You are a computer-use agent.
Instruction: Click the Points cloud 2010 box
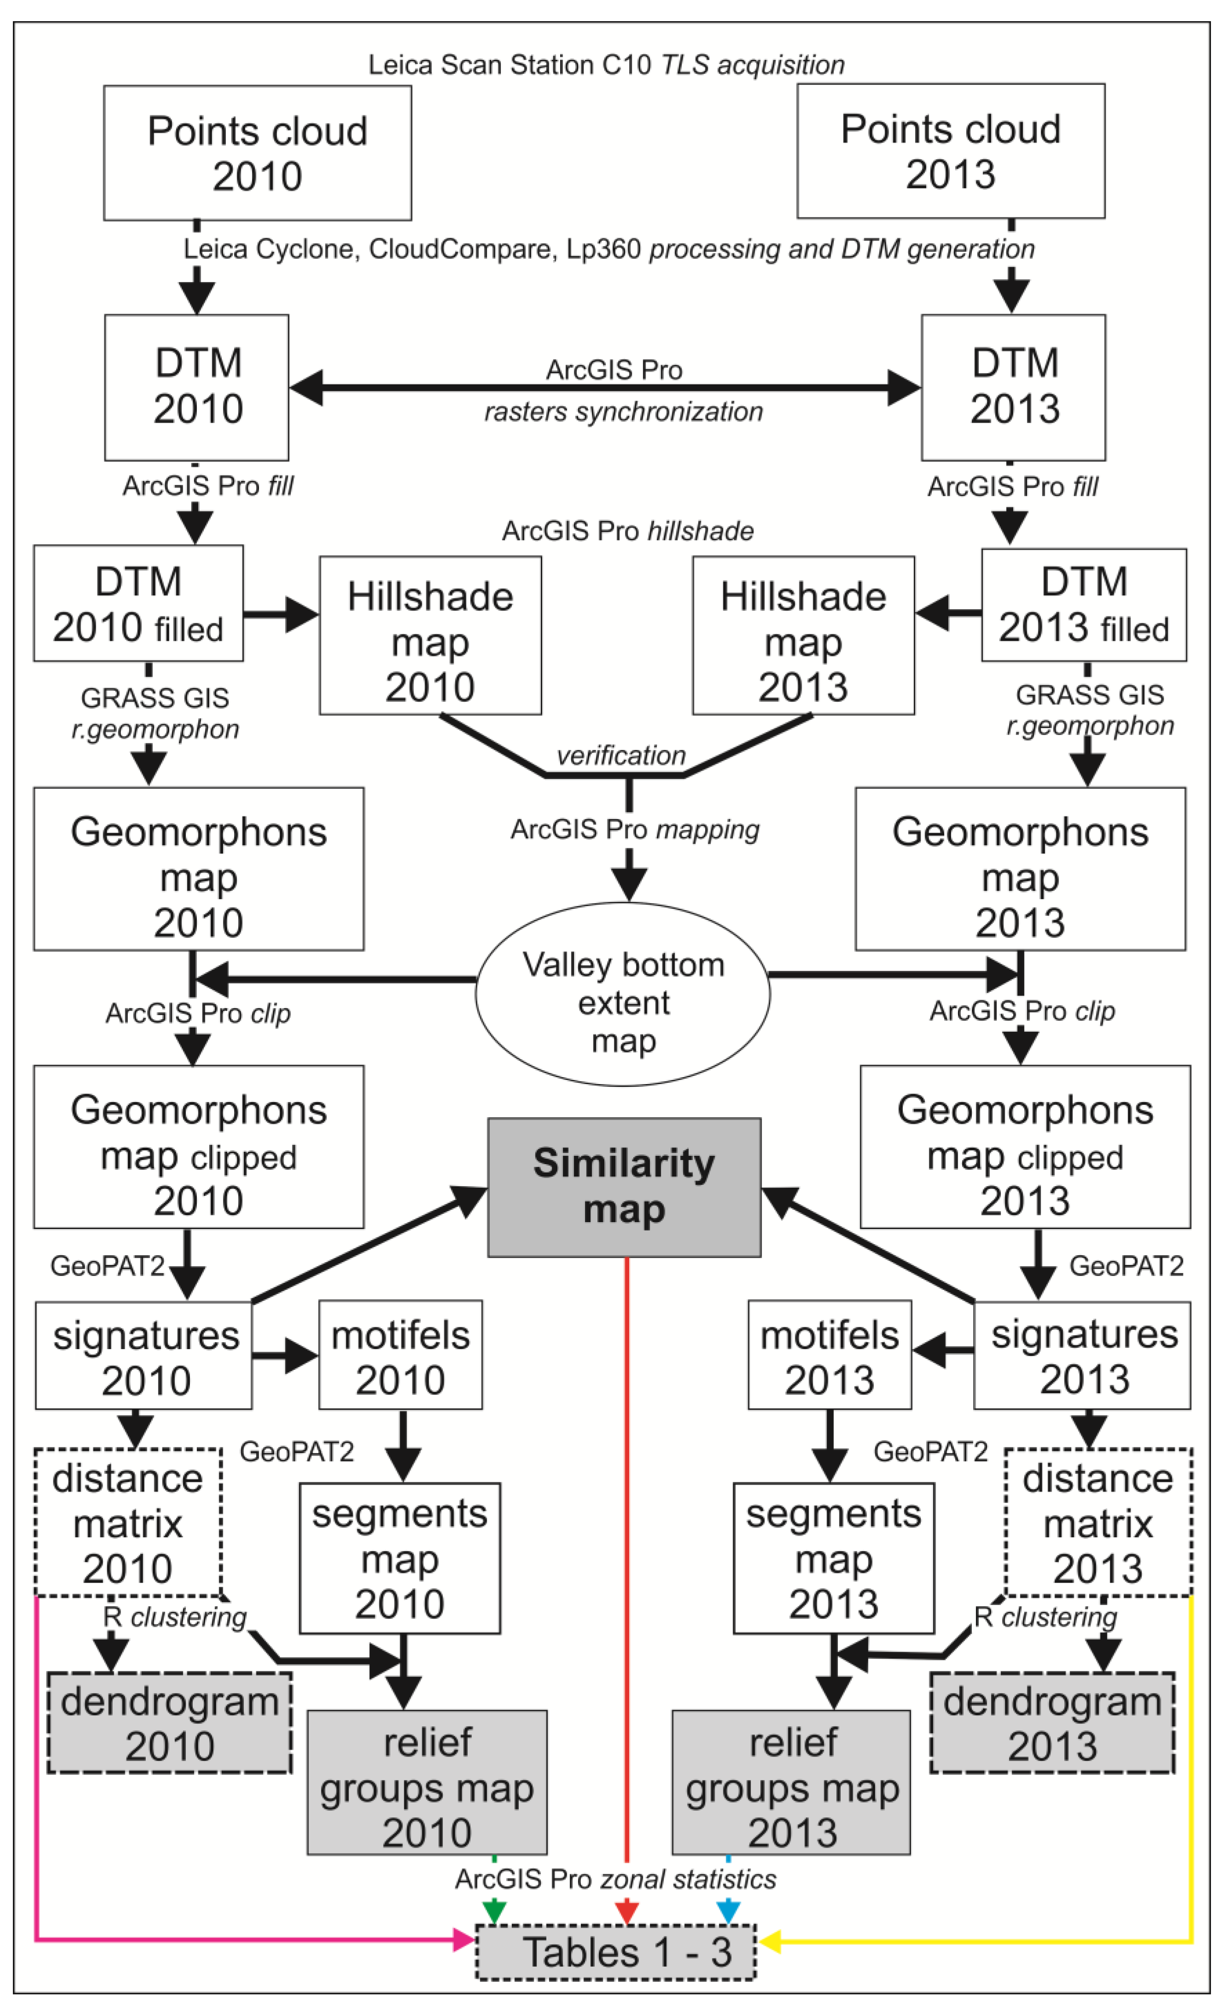(257, 153)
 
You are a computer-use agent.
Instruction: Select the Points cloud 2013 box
(950, 151)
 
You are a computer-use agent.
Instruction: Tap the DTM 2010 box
(196, 387)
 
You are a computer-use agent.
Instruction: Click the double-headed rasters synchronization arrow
(604, 388)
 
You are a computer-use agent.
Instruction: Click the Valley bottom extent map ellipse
(622, 994)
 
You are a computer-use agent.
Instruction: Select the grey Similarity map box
(624, 1187)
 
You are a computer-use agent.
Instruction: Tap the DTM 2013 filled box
(1083, 604)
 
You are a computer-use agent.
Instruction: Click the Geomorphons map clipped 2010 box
(198, 1146)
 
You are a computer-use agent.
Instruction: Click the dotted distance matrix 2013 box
(1098, 1522)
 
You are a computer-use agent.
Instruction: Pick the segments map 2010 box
(400, 1558)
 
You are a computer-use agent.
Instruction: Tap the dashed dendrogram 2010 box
(170, 1722)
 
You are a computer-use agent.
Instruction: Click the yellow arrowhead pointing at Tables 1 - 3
(770, 1941)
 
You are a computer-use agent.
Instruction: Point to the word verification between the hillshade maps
(621, 755)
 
